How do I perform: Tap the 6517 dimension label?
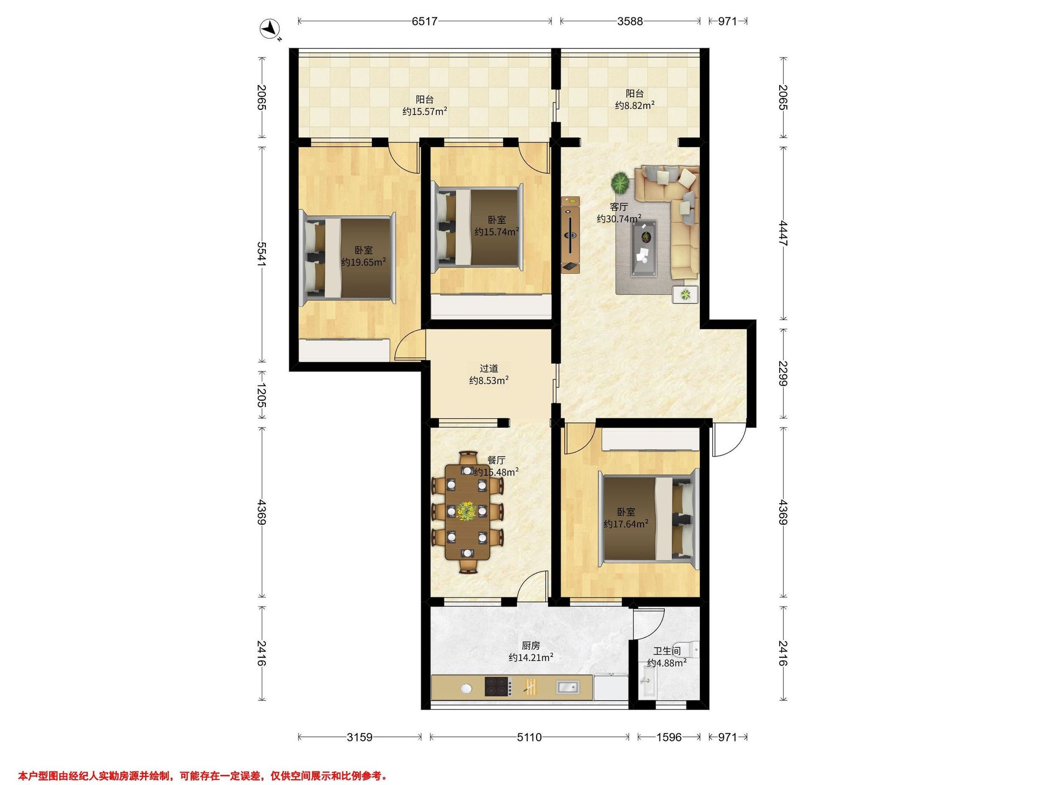pyautogui.click(x=425, y=21)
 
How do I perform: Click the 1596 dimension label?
pyautogui.click(x=669, y=737)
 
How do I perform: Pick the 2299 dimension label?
pyautogui.click(x=783, y=373)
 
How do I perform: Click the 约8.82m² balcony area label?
pyautogui.click(x=635, y=106)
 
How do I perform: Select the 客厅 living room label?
pyautogui.click(x=619, y=207)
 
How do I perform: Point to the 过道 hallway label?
pyautogui.click(x=489, y=368)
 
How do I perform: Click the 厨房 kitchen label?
pyautogui.click(x=530, y=645)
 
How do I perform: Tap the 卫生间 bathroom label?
pyautogui.click(x=667, y=651)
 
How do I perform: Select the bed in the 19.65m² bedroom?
pyautogui.click(x=349, y=257)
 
